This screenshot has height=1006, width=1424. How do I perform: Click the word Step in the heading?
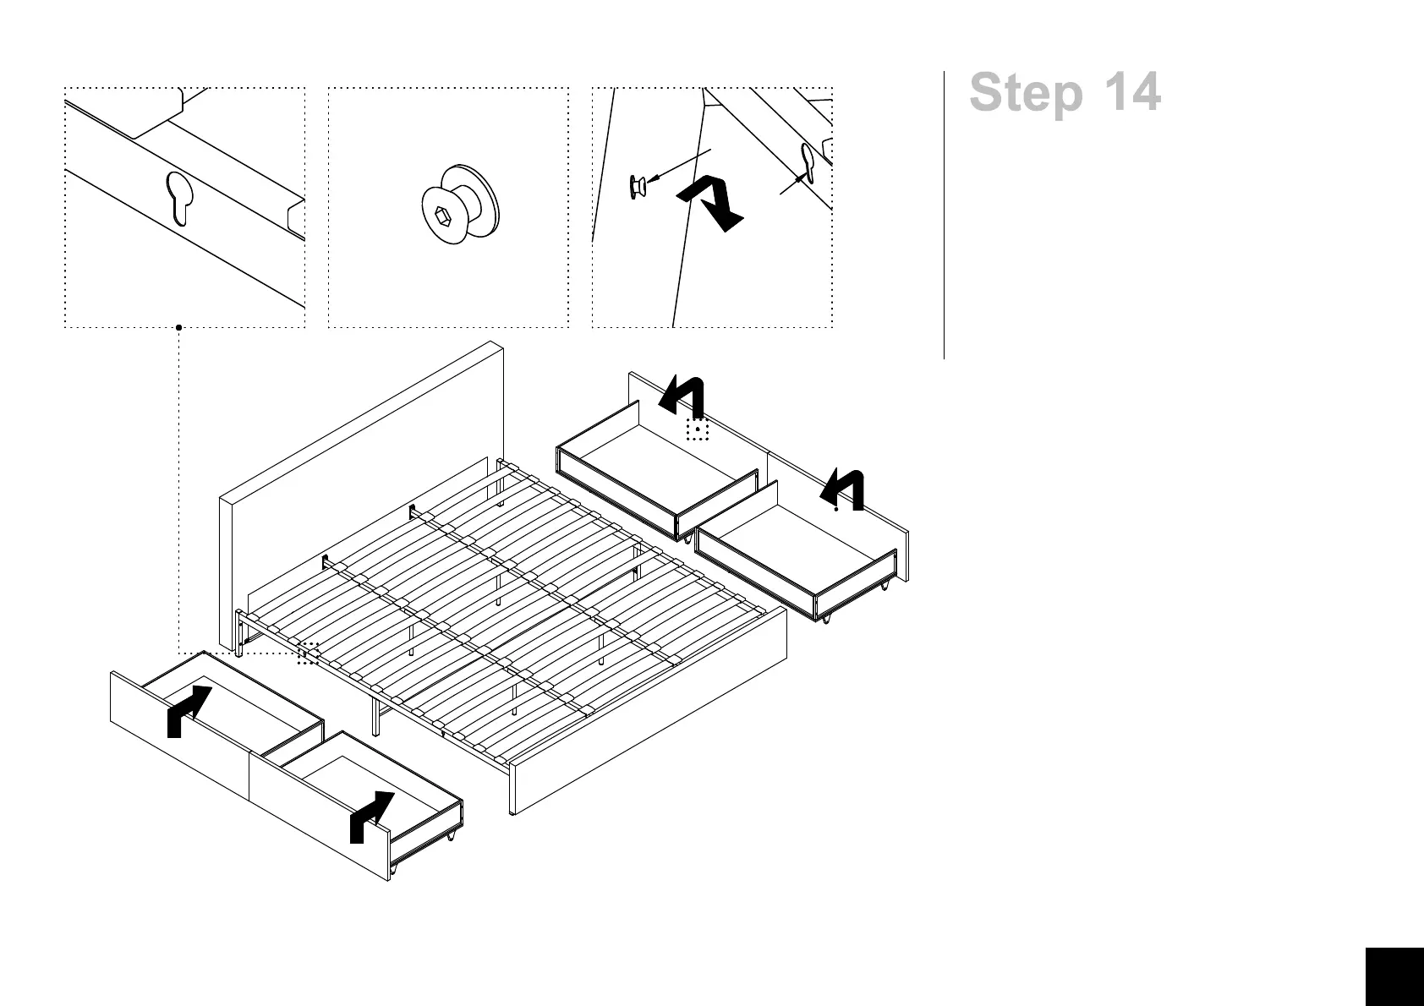1026,93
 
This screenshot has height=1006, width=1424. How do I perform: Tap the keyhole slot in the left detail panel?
179,198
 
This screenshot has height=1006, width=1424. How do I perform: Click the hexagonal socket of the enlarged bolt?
441,216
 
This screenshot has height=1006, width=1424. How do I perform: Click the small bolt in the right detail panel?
638,185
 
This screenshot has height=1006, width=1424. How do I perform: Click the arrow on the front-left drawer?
188,710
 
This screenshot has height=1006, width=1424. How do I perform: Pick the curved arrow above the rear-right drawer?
844,489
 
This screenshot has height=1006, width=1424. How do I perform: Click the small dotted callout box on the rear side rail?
697,429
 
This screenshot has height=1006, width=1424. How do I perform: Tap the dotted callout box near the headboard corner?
308,653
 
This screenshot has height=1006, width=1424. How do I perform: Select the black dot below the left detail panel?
178,327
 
